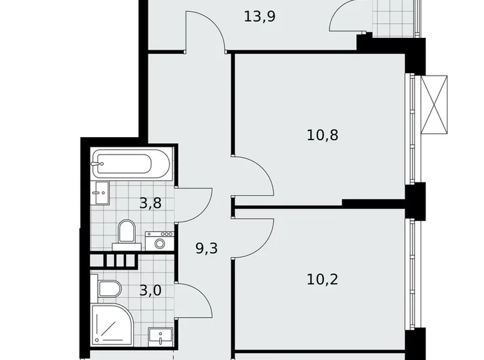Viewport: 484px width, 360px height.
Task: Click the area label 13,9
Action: [x=260, y=17]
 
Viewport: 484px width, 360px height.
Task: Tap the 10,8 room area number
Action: [x=323, y=135]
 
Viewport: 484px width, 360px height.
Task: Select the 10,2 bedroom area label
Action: [x=323, y=279]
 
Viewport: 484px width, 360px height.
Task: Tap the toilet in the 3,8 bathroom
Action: [x=126, y=232]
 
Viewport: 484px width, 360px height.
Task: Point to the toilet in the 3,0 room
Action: [x=109, y=289]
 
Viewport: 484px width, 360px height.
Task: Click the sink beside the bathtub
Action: [x=100, y=192]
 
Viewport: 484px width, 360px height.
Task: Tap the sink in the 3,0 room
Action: [x=160, y=337]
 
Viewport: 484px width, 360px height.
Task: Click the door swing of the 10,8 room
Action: [x=254, y=177]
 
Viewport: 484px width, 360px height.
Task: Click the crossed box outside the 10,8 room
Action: [x=434, y=104]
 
